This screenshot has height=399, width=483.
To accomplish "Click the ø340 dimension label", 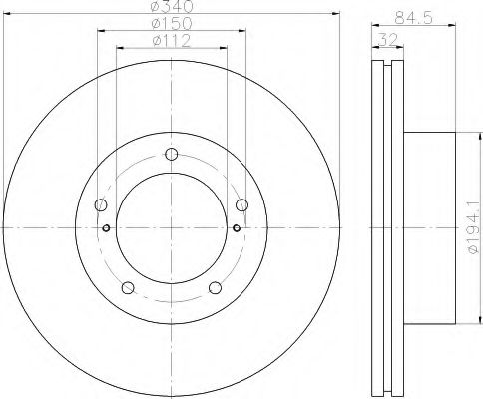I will click(171, 9).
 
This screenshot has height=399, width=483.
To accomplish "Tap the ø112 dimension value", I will click(171, 43).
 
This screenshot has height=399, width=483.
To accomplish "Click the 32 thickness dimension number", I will click(383, 41).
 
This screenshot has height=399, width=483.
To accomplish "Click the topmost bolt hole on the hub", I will click(172, 153).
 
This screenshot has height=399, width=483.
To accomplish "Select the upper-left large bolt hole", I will click(101, 205).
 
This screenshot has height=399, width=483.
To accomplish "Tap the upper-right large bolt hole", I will click(241, 205).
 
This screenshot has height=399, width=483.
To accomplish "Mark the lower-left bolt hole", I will click(128, 288).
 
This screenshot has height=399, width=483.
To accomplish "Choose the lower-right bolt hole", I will click(216, 288).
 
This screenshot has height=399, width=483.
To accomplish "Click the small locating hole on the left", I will click(107, 228).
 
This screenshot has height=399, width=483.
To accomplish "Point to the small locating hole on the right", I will click(236, 228).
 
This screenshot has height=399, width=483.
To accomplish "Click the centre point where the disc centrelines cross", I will click(172, 228).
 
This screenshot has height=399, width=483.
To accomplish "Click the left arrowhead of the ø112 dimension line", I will click(119, 49).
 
